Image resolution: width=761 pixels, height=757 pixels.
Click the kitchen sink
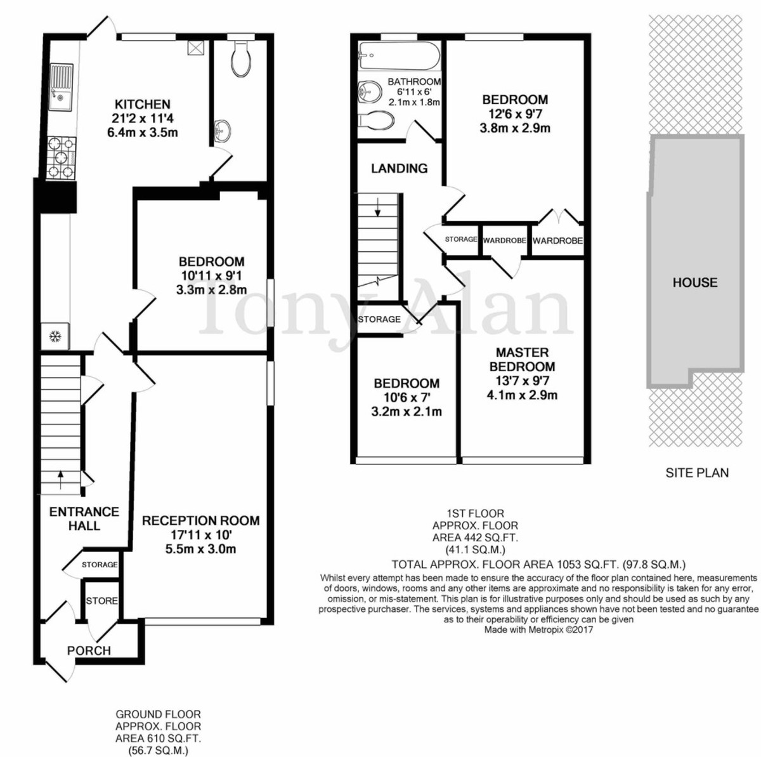(61, 87)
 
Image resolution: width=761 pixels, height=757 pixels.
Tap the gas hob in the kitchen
(62, 158)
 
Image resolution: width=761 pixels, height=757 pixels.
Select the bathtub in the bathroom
(399, 56)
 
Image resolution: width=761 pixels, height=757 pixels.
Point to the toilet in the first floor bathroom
(376, 120)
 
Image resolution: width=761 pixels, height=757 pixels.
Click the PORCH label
(89, 650)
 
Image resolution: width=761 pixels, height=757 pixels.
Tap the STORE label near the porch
(102, 601)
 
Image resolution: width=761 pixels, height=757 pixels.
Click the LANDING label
(400, 168)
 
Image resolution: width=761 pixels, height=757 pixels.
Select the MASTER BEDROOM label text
(522, 359)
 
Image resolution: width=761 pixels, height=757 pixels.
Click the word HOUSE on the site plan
(695, 282)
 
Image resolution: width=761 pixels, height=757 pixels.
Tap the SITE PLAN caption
(697, 473)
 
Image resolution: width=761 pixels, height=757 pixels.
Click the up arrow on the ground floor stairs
(60, 480)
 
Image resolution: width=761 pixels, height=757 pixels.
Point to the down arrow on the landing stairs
(378, 207)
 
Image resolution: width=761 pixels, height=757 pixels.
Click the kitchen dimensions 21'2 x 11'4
(143, 118)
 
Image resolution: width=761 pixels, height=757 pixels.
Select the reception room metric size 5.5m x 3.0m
(201, 549)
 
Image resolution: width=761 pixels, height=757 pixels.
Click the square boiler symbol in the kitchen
(195, 49)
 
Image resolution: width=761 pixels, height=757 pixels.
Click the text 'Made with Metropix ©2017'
(538, 629)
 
